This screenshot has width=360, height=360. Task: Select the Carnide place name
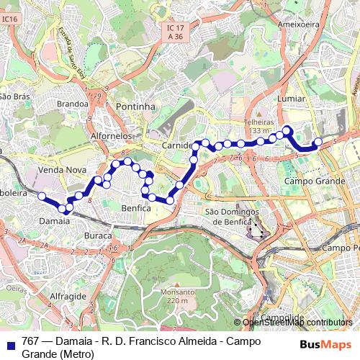tap(177, 145)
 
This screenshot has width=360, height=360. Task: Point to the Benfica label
tap(135, 208)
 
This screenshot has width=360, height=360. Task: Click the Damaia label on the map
tap(55, 221)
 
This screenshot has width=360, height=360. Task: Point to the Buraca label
tap(98, 235)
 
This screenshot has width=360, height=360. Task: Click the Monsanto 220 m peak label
tap(177, 297)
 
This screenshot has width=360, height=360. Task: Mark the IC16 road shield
tap(9, 19)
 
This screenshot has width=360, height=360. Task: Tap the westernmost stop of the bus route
tap(42, 197)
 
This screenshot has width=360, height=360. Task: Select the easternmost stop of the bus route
tap(318, 142)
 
